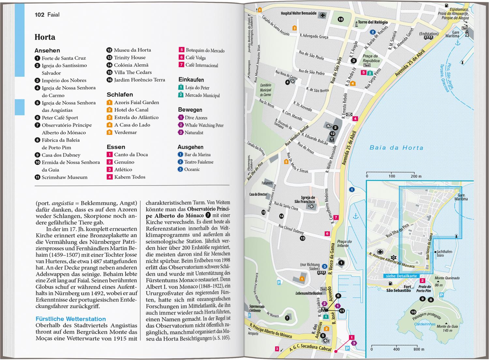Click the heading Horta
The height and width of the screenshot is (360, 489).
(45, 37)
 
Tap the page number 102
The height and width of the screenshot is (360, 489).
(39, 15)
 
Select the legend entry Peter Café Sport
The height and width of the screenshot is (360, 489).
(60, 118)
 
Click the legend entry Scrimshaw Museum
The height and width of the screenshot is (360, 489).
(64, 177)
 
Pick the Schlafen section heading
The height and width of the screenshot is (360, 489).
(120, 94)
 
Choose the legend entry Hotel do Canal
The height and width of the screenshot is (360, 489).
(131, 110)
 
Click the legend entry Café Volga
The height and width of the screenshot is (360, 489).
(195, 58)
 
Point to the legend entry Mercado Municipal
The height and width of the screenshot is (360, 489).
(202, 95)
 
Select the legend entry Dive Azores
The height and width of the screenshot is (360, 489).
(196, 118)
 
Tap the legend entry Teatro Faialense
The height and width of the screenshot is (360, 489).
(199, 162)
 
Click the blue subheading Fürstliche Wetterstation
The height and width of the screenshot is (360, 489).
(71, 319)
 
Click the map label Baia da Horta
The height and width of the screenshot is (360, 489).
(396, 148)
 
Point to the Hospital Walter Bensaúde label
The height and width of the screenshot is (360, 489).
(299, 14)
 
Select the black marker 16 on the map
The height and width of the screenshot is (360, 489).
(341, 19)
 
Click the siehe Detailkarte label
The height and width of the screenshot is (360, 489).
(401, 276)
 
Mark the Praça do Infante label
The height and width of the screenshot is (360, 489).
(344, 244)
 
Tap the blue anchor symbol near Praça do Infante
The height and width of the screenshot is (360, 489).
(356, 217)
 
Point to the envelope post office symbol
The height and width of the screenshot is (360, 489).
(349, 114)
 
